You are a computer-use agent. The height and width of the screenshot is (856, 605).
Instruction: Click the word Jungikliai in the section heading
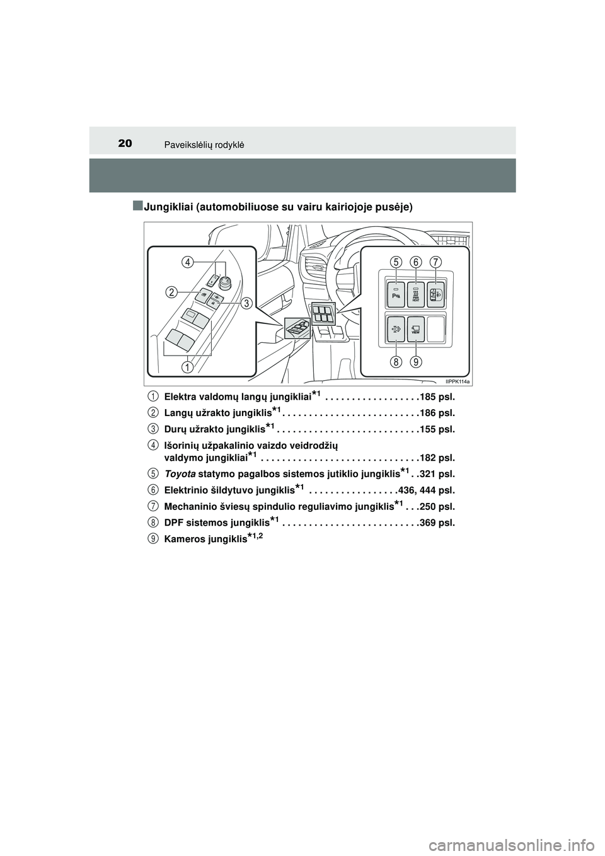[x=172, y=207]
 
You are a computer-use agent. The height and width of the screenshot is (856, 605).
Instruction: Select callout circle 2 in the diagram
[x=171, y=291]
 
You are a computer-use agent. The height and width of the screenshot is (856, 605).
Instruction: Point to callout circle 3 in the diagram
[x=245, y=303]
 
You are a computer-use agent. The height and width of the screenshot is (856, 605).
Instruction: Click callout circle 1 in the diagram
[x=188, y=366]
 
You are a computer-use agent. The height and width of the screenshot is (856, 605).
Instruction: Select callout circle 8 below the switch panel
[x=396, y=362]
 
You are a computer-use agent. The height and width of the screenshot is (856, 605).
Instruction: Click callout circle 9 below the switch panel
[x=416, y=362]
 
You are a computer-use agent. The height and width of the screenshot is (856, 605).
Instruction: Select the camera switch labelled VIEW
[x=416, y=329]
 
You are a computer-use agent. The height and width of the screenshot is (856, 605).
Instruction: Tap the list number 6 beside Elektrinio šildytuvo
[x=153, y=489]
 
